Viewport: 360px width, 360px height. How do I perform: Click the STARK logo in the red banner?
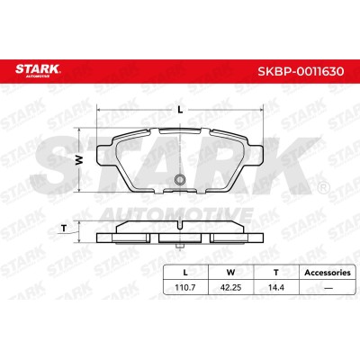[38, 71]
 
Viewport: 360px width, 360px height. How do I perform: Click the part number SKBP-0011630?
[301, 71]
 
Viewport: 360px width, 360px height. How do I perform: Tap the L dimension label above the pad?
[180, 110]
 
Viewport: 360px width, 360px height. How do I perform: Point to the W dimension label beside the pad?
[78, 160]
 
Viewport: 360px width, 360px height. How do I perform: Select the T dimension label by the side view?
[64, 229]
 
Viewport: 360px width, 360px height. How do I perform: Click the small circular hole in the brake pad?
[180, 179]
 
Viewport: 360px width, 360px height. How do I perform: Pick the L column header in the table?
[185, 273]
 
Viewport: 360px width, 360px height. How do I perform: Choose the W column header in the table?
[230, 273]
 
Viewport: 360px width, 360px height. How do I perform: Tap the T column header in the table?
[276, 273]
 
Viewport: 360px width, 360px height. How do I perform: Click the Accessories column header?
[328, 273]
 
